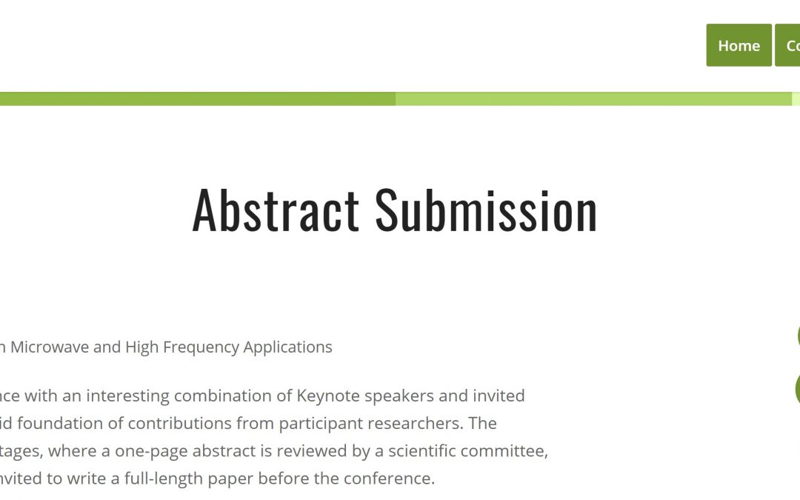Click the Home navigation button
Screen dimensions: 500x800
point(739,46)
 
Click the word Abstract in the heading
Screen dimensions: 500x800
point(276,210)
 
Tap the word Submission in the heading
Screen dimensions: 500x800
point(486,210)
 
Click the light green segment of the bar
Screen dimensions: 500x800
point(593,99)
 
